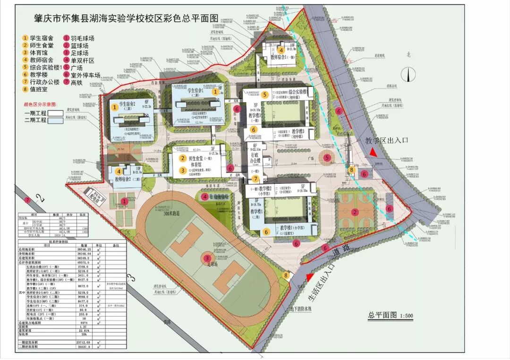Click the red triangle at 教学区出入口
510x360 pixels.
(x=374, y=152)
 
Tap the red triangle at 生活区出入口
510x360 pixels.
(x=310, y=278)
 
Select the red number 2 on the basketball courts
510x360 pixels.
(x=355, y=211)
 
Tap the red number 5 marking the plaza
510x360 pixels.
(x=327, y=158)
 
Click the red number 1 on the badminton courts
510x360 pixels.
(x=124, y=201)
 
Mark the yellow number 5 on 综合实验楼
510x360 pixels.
(x=265, y=94)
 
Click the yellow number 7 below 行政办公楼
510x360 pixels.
(x=255, y=179)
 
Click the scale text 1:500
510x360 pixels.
(x=405, y=316)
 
